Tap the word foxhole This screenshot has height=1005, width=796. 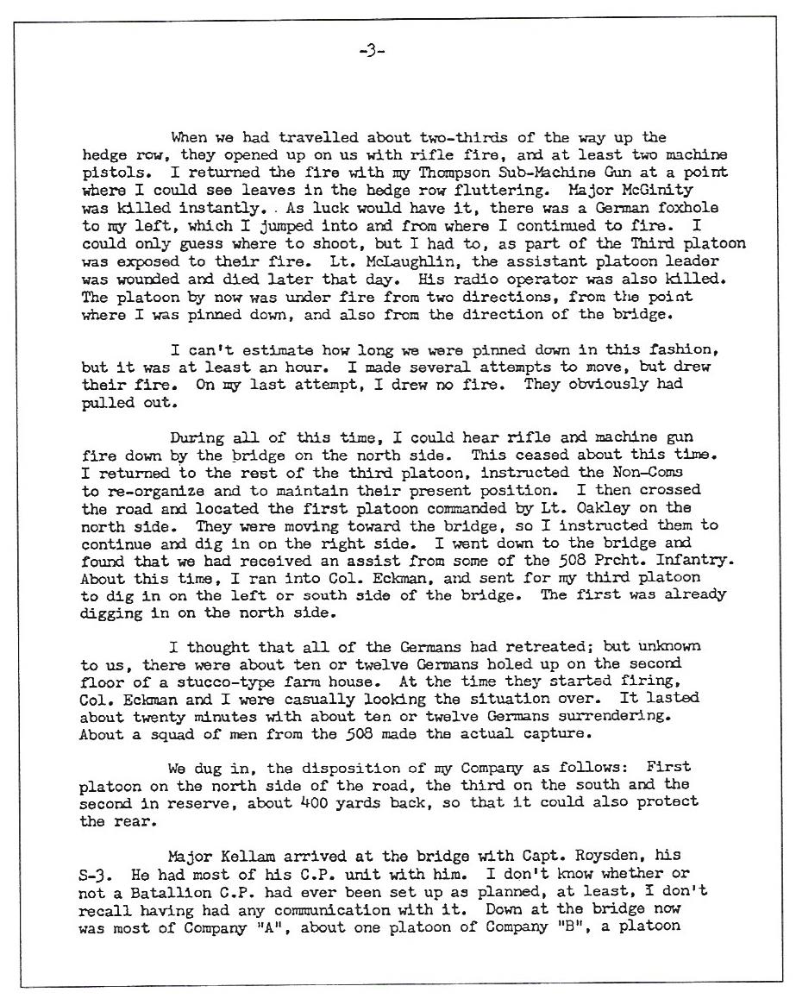(x=691, y=209)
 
